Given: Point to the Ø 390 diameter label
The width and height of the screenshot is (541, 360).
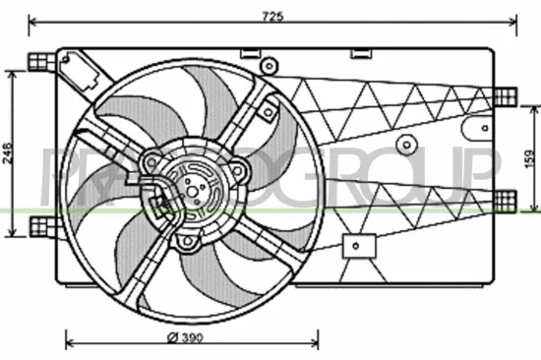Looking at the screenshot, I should [185, 339].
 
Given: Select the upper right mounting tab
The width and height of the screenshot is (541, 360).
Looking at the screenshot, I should [505, 94].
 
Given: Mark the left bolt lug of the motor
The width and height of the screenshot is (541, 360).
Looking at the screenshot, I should [148, 159].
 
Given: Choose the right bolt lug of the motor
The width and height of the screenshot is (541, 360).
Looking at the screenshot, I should [237, 170].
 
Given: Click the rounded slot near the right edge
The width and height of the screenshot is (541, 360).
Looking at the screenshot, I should [481, 126].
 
